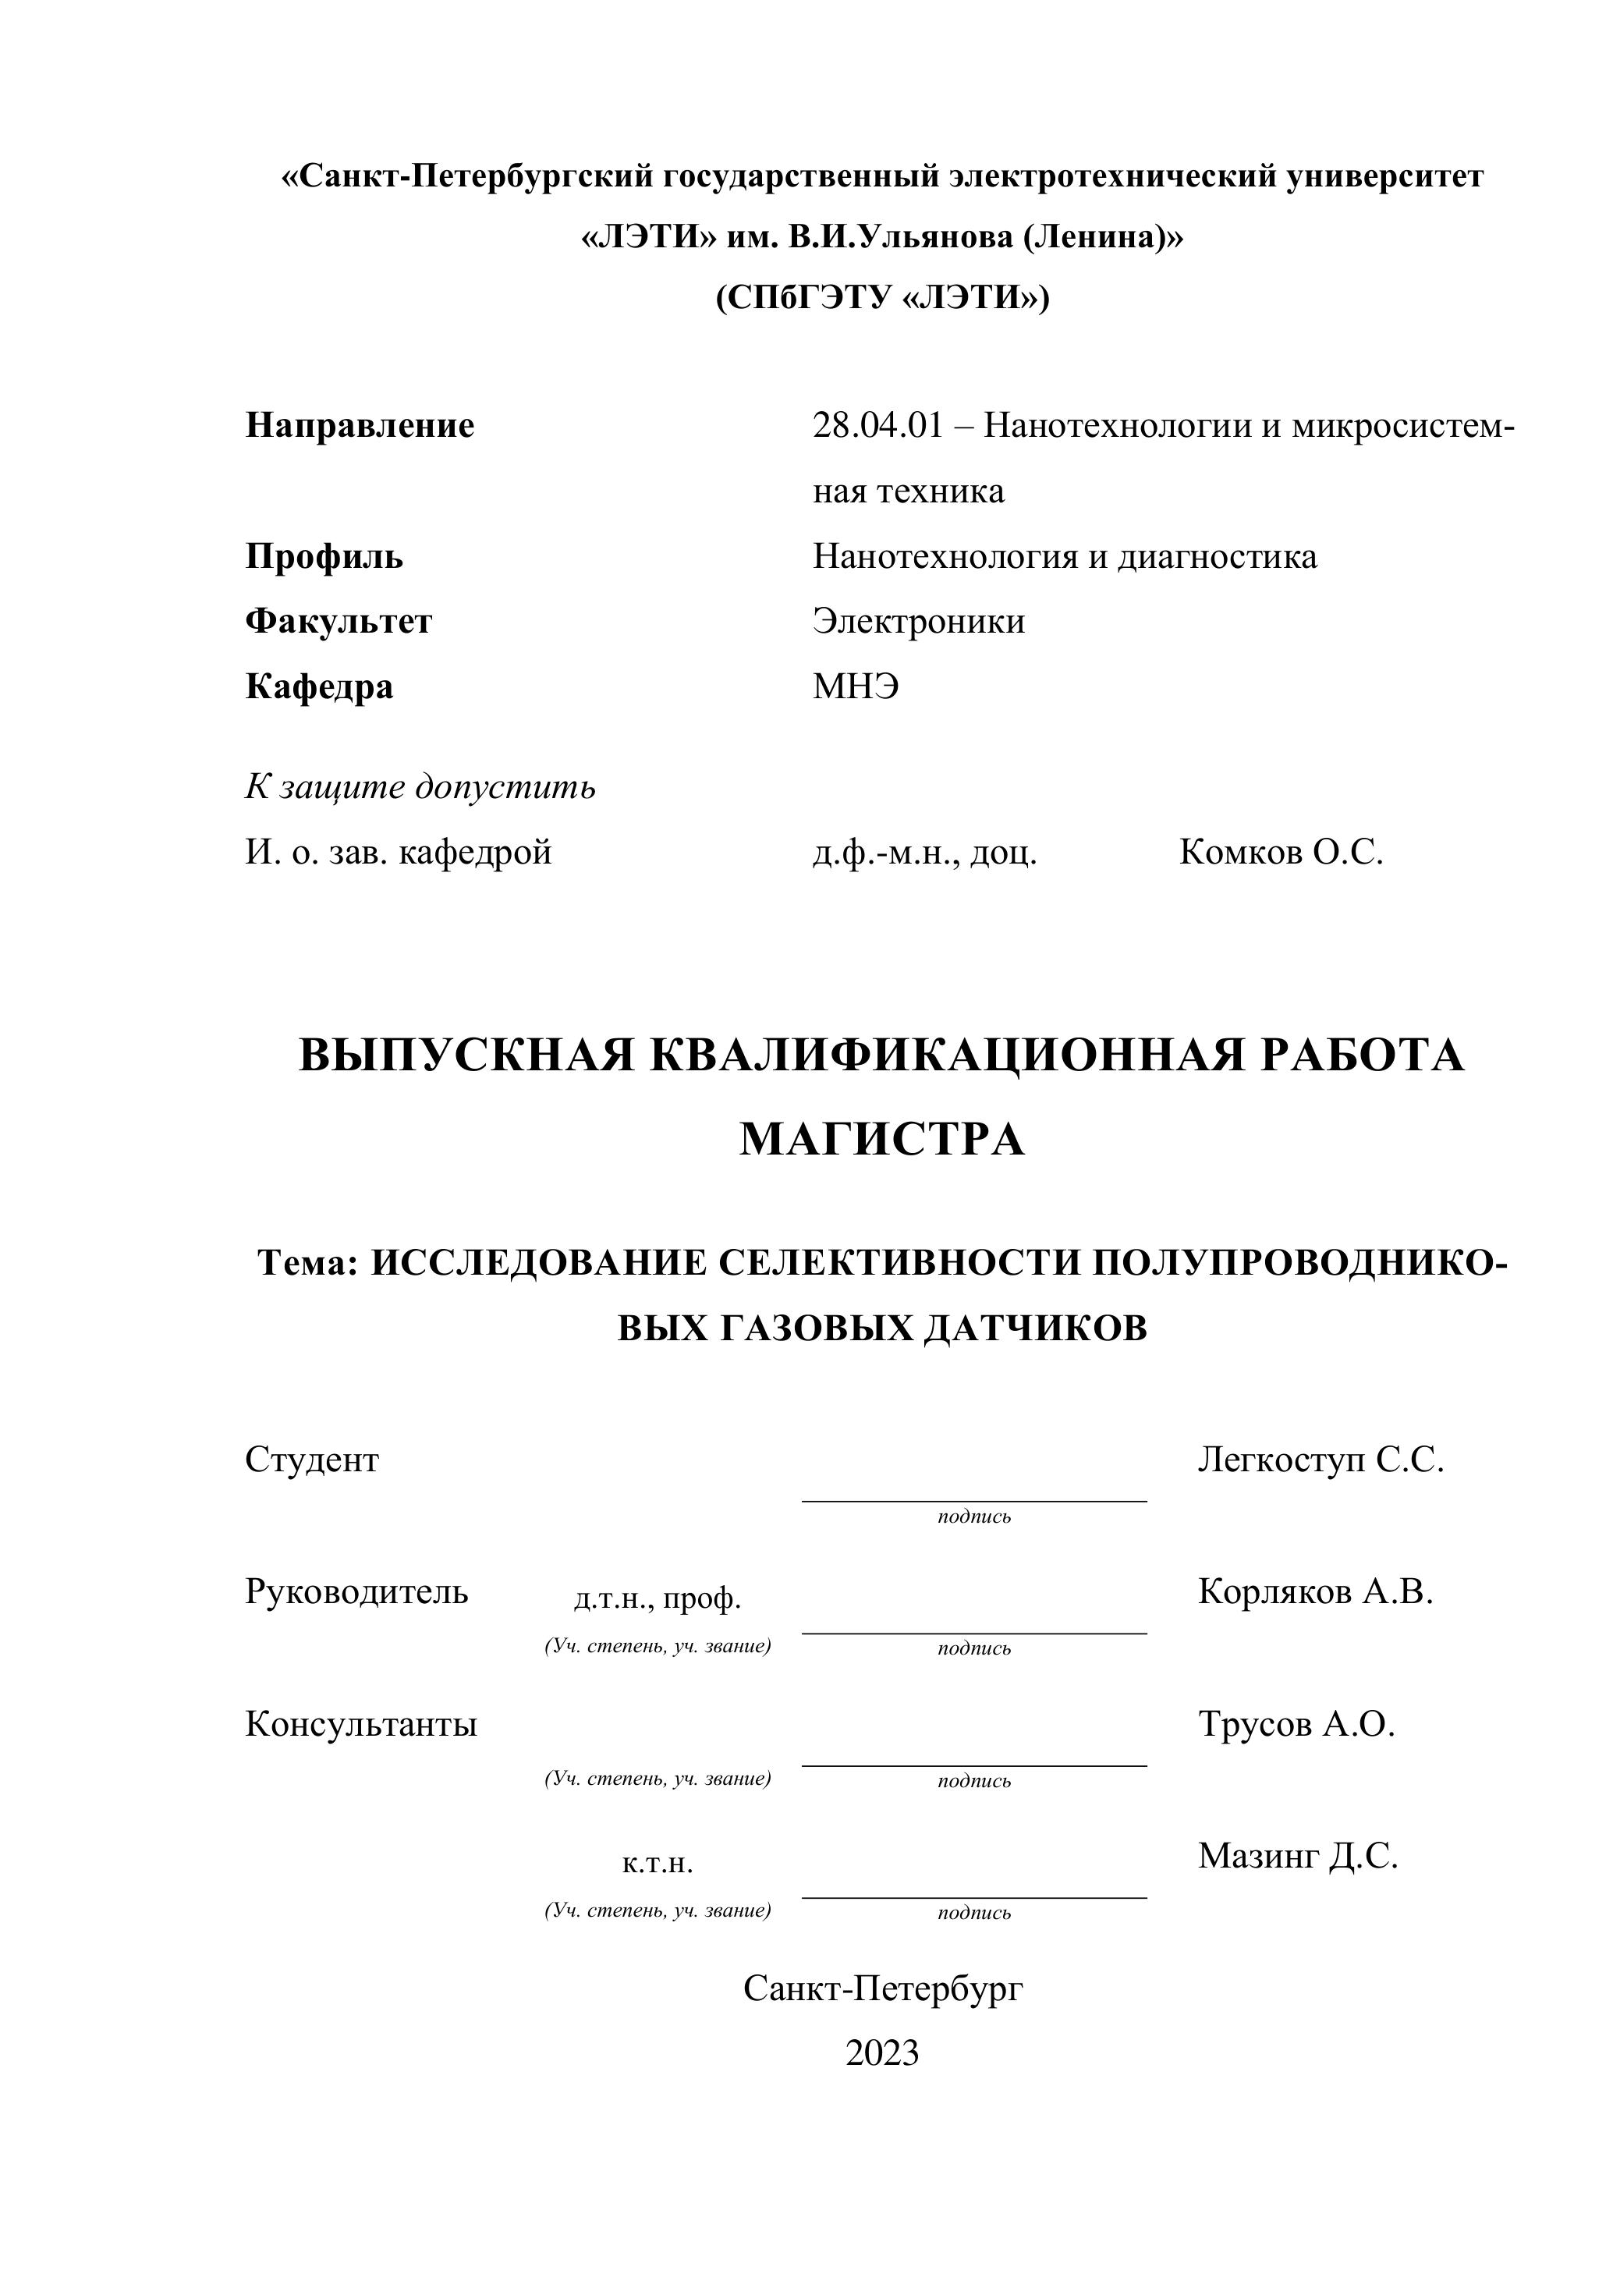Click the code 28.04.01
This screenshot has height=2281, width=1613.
tap(877, 426)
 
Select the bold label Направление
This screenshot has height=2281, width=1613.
tap(360, 426)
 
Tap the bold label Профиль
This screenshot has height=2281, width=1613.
tap(324, 556)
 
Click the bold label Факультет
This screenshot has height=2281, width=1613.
tap(339, 622)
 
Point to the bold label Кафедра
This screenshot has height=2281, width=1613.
tap(319, 686)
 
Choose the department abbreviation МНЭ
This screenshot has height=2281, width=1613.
tap(856, 686)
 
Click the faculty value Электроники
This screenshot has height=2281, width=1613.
tap(919, 622)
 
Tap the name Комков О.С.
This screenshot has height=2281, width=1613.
tap(1282, 853)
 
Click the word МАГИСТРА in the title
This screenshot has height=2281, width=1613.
tap(882, 1140)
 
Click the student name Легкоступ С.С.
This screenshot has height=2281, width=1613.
tap(1321, 1460)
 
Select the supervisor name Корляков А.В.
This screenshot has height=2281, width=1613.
tap(1316, 1591)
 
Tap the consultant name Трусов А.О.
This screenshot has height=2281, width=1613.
tap(1296, 1724)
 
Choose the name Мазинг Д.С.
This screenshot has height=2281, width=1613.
tap(1298, 1856)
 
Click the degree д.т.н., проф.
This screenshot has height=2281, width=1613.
tap(658, 1598)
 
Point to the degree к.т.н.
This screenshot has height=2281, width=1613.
tap(658, 1863)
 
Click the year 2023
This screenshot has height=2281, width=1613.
tap(882, 2052)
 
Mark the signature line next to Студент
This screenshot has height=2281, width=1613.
tap(974, 1500)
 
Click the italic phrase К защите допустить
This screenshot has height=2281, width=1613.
tap(420, 787)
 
